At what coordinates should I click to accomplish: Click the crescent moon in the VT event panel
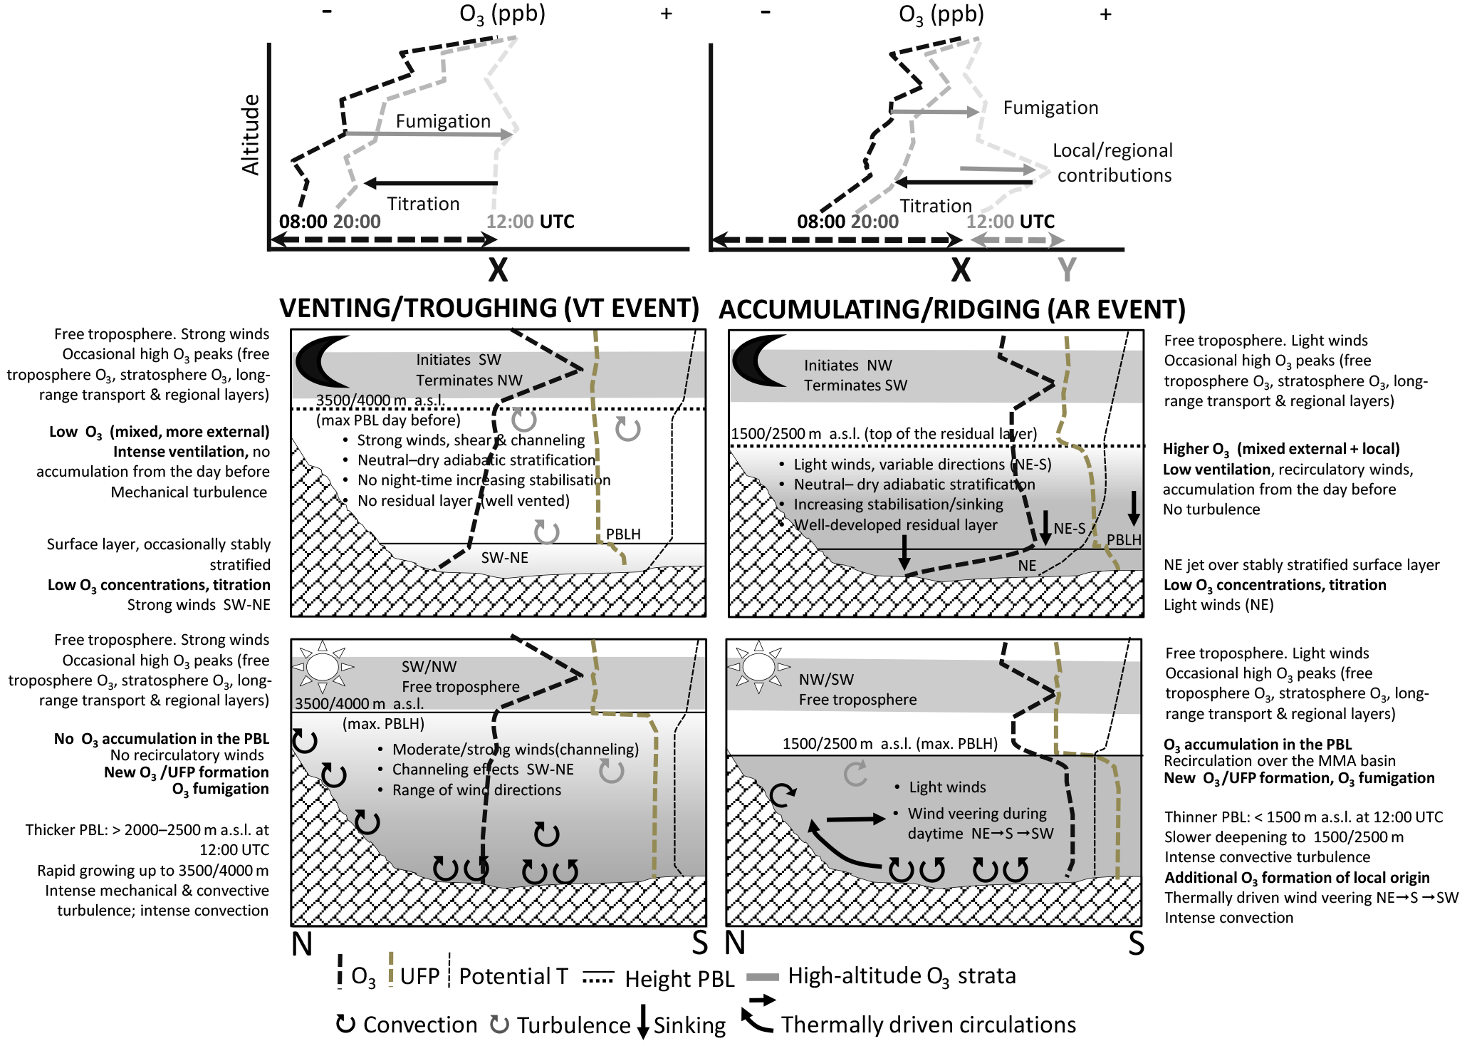click(320, 361)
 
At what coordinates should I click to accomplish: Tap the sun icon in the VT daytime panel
click(323, 667)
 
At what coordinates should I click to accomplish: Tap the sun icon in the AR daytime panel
click(758, 667)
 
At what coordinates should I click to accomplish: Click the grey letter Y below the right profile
click(1067, 270)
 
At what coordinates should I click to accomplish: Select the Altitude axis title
click(251, 135)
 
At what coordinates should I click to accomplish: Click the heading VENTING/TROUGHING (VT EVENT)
click(489, 308)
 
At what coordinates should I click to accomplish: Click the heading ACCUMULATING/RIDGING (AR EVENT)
click(951, 309)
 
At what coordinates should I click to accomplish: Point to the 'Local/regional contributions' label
click(1113, 162)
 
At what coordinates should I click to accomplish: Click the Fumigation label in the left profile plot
click(443, 121)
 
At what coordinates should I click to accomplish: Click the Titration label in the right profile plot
click(935, 206)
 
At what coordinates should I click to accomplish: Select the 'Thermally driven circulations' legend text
click(928, 1025)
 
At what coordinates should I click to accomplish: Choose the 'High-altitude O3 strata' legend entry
click(902, 975)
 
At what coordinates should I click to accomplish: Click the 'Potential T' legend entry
click(513, 976)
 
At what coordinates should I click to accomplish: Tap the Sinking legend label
click(689, 1025)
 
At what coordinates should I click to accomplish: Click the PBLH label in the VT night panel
click(623, 534)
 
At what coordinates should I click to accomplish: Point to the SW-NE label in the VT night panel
click(504, 557)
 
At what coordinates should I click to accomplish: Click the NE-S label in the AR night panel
click(1069, 528)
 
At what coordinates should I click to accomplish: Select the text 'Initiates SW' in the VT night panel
click(459, 360)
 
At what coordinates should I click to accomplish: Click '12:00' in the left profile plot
click(509, 222)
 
